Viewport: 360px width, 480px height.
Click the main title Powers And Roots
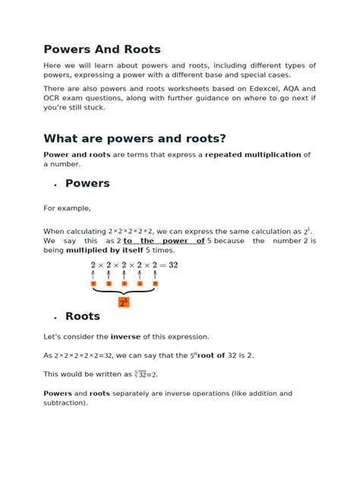(x=102, y=49)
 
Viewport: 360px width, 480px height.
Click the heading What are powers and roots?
(x=134, y=138)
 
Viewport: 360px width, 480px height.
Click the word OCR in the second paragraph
(x=54, y=98)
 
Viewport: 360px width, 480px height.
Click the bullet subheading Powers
(x=87, y=183)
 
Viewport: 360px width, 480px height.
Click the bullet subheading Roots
(x=82, y=316)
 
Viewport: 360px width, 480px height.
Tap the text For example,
(x=67, y=208)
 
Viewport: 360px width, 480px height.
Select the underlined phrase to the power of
(x=164, y=241)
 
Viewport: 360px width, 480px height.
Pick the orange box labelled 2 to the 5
(x=124, y=302)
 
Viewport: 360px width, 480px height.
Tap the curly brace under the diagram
(x=124, y=291)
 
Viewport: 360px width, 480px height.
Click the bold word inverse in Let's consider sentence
(x=125, y=336)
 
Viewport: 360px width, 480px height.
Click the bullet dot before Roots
(x=55, y=318)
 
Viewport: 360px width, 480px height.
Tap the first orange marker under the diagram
(x=93, y=283)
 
